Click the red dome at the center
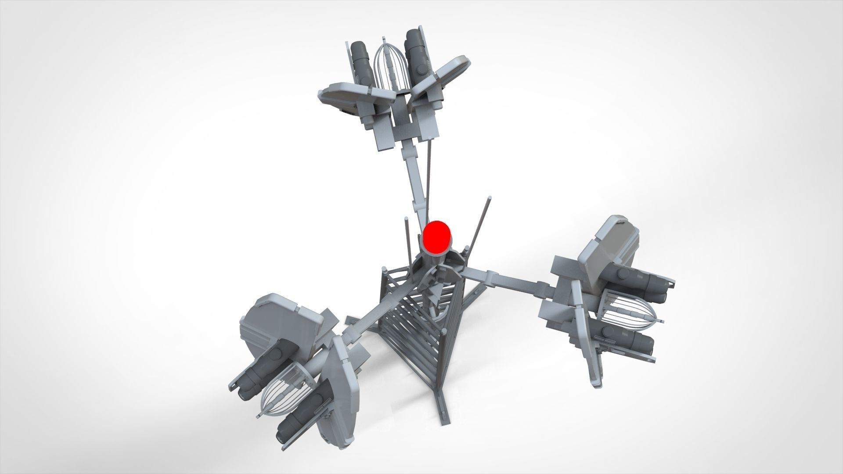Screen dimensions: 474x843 point(436,237)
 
